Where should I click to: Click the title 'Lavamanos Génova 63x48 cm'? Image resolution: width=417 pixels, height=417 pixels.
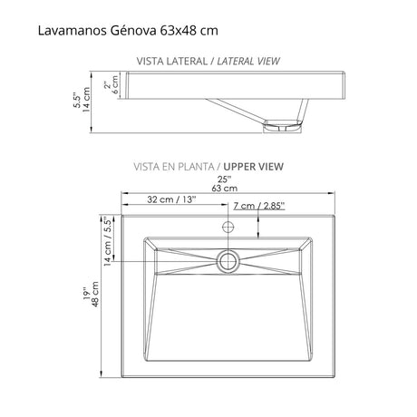(x=127, y=31)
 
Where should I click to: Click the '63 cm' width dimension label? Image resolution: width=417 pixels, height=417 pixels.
(x=224, y=189)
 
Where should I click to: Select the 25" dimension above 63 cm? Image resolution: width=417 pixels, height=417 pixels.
(x=224, y=178)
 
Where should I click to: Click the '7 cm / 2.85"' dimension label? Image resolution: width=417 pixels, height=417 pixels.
(x=258, y=207)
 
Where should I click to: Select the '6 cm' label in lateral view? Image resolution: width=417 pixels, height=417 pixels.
(x=114, y=89)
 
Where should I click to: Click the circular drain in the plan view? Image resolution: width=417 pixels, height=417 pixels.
(x=228, y=261)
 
